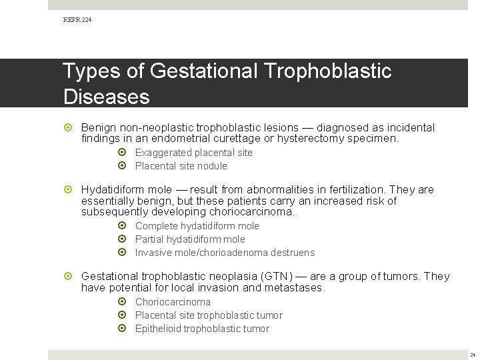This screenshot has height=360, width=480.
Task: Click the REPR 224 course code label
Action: click(x=77, y=20)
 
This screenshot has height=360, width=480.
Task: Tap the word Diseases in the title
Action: click(x=107, y=97)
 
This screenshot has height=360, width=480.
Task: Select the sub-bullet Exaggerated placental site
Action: click(x=193, y=153)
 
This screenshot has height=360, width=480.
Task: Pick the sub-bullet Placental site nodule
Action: click(x=181, y=166)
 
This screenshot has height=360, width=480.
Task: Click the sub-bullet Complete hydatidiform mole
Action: click(x=197, y=226)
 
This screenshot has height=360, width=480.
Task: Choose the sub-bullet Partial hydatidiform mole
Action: click(x=190, y=239)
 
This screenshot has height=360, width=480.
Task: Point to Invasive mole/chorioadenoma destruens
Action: click(x=225, y=253)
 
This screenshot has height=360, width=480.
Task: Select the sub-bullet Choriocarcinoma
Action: click(x=173, y=302)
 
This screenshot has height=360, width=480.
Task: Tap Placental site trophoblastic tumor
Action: click(x=209, y=315)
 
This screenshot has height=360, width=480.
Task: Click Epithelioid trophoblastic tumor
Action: click(x=202, y=329)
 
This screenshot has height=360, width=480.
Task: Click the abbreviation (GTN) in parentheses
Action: click(x=276, y=276)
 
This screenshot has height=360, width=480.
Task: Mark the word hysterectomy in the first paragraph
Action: click(x=312, y=139)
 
